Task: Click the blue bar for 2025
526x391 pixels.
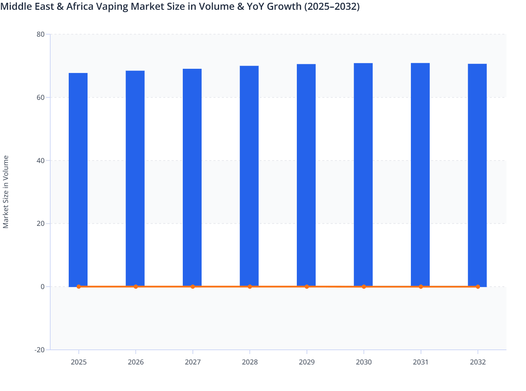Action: tap(78, 180)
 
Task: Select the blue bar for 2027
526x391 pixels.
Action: tap(192, 178)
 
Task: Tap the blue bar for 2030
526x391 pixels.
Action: tap(363, 175)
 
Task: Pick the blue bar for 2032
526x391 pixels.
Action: tap(477, 175)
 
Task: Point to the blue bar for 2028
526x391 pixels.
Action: tap(249, 176)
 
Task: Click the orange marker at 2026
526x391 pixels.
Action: tap(136, 287)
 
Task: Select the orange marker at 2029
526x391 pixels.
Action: tap(307, 287)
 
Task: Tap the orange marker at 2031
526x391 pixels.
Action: tap(421, 287)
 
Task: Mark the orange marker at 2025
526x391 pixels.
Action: tap(79, 287)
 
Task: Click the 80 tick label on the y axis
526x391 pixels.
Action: tap(40, 34)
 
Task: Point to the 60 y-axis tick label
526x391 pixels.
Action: tap(40, 97)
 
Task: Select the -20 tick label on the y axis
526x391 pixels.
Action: tap(39, 350)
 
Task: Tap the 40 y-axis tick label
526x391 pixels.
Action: tap(40, 161)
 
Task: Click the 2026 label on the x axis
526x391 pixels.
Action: tap(136, 362)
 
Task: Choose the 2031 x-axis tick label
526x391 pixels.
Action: tap(421, 362)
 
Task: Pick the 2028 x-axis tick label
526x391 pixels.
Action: tap(250, 362)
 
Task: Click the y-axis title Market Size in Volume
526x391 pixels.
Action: tap(6, 192)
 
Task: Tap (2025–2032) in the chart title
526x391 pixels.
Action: tap(332, 6)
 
